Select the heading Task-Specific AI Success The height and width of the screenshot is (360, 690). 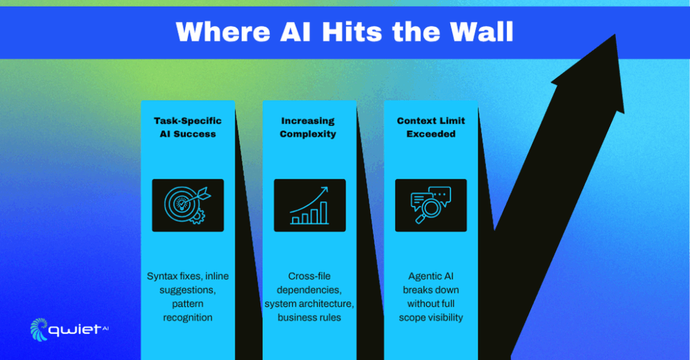click(188, 127)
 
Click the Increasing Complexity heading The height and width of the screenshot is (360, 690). click(308, 127)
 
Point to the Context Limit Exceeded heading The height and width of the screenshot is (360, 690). click(431, 127)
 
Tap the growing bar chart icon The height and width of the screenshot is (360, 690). click(309, 205)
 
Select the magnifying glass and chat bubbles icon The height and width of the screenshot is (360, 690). click(431, 205)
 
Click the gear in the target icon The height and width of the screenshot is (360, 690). click(196, 216)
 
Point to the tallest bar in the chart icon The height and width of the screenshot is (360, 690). click(323, 212)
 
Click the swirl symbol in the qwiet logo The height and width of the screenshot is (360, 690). click(38, 330)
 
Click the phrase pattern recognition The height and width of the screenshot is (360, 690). click(188, 311)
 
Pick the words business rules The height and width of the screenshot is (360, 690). click(309, 318)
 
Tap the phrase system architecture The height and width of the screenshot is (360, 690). click(309, 303)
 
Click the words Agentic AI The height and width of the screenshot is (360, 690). click(431, 276)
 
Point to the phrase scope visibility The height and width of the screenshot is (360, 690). click(431, 318)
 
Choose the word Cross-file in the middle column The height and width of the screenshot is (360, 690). click(309, 276)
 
